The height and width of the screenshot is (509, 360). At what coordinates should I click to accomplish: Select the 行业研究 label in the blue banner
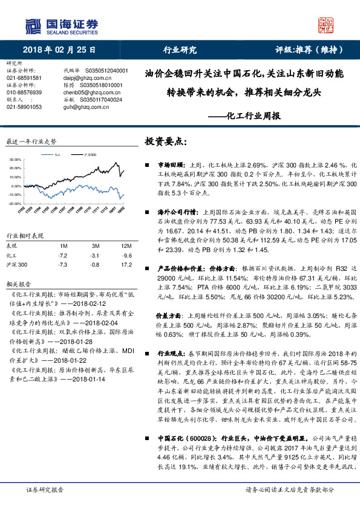click(180, 50)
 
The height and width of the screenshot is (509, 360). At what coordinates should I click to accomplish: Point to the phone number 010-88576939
click(24, 92)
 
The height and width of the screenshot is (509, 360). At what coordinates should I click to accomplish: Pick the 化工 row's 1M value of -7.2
click(64, 256)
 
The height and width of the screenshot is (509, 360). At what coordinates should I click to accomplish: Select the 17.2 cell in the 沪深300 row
click(109, 265)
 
